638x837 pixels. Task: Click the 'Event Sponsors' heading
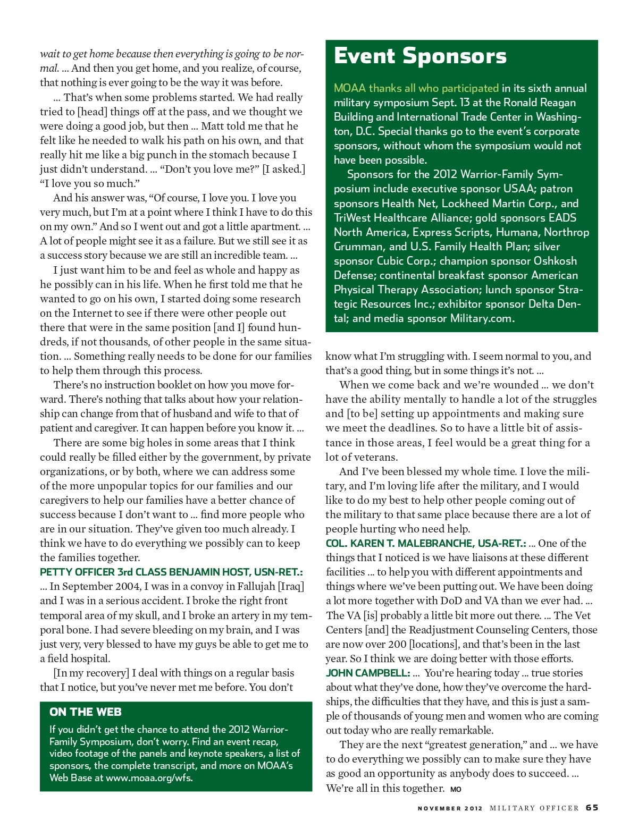click(x=420, y=56)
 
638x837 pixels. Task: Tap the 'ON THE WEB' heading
click(x=86, y=712)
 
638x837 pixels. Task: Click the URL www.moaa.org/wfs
click(x=149, y=777)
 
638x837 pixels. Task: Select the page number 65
click(x=592, y=807)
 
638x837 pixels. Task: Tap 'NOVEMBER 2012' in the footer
click(x=450, y=808)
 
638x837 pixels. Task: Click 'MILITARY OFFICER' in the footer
click(x=534, y=808)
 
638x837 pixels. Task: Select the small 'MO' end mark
click(x=456, y=789)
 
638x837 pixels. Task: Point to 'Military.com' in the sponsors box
click(x=482, y=318)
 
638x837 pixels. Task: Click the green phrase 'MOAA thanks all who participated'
click(x=416, y=88)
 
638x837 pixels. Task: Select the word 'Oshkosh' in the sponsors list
click(x=555, y=261)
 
